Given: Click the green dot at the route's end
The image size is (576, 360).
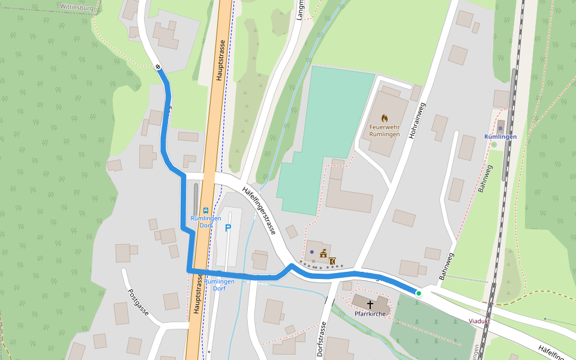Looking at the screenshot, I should click(x=419, y=293).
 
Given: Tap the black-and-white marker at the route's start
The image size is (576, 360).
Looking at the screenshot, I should click(x=158, y=67).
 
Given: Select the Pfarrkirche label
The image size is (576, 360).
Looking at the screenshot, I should click(x=370, y=314).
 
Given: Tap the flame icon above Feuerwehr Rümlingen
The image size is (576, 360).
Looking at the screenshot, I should click(x=385, y=118).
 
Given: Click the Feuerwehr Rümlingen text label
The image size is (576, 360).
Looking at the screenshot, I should click(x=385, y=130).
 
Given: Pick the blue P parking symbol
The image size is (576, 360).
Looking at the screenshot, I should click(x=228, y=228).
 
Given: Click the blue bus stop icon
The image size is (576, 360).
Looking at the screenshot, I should click(x=206, y=211).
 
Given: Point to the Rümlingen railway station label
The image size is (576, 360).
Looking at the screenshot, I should click(x=500, y=136).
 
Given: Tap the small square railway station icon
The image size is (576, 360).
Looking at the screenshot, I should click(x=500, y=128).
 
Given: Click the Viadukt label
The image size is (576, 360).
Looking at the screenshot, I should click(x=479, y=321).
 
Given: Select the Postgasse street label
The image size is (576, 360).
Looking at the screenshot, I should click(x=138, y=302).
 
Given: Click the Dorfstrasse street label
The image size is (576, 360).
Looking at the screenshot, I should click(x=322, y=338).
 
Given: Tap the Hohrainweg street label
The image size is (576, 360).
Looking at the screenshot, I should click(x=417, y=121).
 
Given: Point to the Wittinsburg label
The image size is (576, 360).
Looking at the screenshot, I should click(x=76, y=7).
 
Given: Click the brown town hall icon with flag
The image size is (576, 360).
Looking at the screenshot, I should click(x=323, y=253).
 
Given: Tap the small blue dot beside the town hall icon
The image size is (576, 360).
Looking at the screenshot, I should click(x=312, y=251).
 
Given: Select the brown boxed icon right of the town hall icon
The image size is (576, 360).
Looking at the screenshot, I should click(x=332, y=261).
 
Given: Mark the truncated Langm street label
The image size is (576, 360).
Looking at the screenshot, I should click(x=301, y=10).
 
